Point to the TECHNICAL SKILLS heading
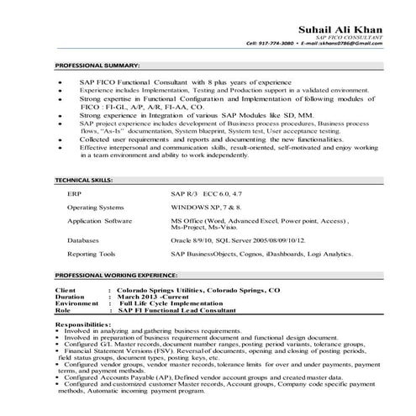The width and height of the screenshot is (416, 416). pos(87,181)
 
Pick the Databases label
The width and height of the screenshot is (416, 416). pos(83,240)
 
